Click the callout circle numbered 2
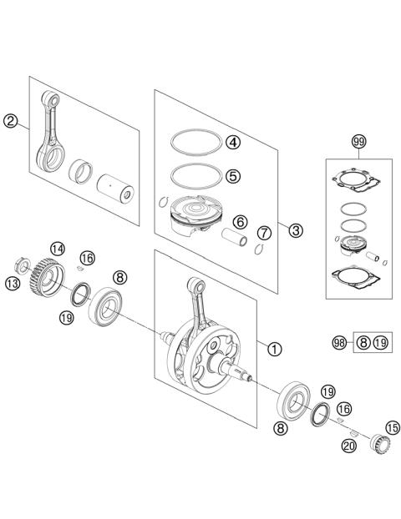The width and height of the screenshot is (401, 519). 10,121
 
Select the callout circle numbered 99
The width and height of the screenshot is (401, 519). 359,142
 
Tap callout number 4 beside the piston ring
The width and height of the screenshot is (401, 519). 232,142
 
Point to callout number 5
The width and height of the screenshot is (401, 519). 232,175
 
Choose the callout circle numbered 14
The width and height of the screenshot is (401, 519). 57,249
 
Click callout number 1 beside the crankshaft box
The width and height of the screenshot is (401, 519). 273,349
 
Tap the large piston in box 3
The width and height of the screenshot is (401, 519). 194,219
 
